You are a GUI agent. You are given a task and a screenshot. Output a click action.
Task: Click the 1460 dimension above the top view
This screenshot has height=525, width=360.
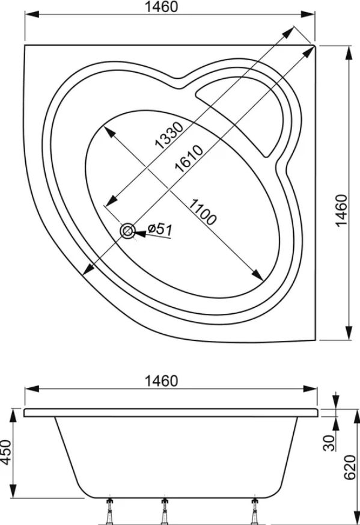point(161,7)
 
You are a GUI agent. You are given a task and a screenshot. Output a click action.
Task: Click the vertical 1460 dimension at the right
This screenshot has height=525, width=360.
point(342,210)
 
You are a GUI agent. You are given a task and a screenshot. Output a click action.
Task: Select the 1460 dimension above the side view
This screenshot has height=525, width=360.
point(161,381)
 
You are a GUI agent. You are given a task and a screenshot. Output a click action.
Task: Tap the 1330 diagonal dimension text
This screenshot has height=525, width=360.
point(169,135)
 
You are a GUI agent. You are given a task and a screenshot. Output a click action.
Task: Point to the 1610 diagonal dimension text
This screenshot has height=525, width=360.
point(189,159)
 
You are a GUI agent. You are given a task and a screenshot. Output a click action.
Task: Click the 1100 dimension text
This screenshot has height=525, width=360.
point(203,212)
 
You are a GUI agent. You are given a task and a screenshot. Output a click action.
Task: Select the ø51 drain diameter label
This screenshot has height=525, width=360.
point(160,230)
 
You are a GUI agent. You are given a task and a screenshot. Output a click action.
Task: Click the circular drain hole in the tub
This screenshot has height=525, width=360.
point(127,231)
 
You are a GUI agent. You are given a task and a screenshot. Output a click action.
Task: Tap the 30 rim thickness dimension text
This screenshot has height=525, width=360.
point(329,443)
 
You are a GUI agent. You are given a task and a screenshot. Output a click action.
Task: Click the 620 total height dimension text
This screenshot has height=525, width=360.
point(350,467)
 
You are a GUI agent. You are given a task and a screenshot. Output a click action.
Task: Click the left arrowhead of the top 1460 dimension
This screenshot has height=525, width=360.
point(32,14)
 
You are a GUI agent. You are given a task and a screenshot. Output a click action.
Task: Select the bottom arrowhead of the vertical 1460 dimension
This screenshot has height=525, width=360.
point(349,333)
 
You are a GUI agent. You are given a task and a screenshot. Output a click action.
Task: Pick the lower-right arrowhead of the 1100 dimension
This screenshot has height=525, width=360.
point(258,275)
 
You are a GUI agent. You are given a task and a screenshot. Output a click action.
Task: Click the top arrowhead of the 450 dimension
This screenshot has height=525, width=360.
point(13,415)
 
